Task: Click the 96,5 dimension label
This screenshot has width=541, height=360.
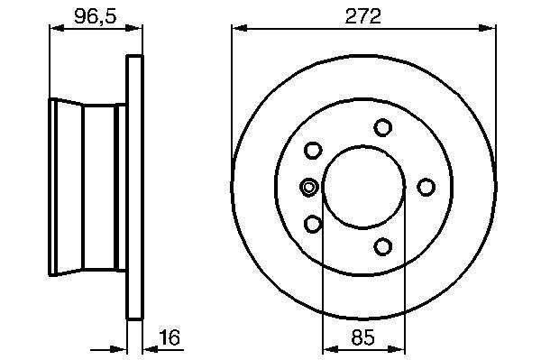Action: (96, 16)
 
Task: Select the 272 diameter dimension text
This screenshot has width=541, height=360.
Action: (363, 16)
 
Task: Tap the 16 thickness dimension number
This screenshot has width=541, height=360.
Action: (170, 337)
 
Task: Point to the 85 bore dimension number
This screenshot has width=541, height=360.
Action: (363, 337)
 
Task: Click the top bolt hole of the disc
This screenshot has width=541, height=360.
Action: (382, 127)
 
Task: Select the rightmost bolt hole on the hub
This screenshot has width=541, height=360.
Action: (426, 187)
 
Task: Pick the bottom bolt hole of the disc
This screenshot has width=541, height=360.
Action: (382, 246)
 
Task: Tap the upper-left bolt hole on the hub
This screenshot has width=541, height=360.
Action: (313, 151)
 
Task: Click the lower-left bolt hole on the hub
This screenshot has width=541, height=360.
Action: (313, 224)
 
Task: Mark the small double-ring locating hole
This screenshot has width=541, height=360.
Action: (308, 187)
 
